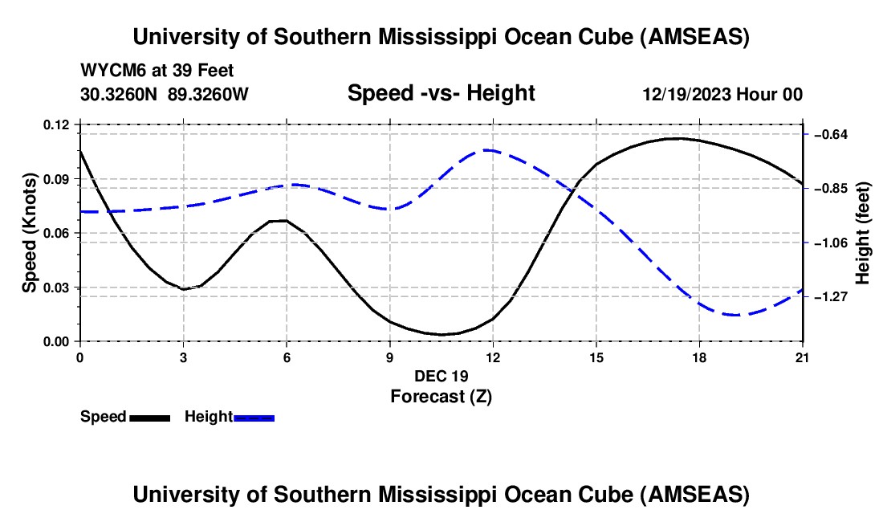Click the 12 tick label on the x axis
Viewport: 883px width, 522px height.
tap(493, 357)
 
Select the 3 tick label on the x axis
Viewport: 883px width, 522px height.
tap(183, 357)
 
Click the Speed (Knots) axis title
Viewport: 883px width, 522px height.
tap(30, 233)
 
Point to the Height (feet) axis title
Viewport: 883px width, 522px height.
tap(863, 234)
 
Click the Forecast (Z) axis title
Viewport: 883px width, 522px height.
tap(441, 395)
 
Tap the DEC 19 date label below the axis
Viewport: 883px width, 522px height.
tap(441, 376)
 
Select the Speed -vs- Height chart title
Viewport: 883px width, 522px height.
tap(441, 93)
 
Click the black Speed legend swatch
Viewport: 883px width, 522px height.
tap(150, 418)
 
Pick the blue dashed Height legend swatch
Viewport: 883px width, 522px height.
tap(254, 418)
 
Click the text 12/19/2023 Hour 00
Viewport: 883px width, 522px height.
tap(722, 94)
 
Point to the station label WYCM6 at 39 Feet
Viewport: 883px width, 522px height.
tap(157, 71)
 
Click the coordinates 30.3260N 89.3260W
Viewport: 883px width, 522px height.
tap(165, 94)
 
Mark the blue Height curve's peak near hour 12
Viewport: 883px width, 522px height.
tap(487, 150)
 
